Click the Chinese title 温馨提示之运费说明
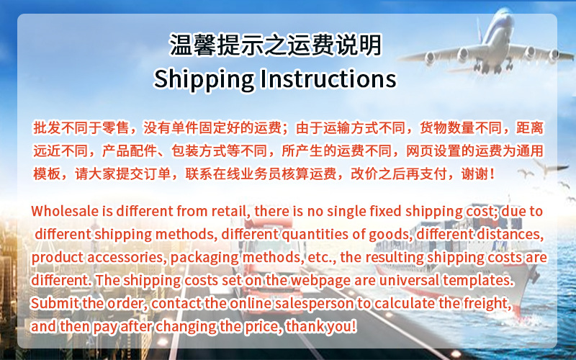pyautogui.click(x=275, y=45)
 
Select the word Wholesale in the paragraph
pyautogui.click(x=63, y=212)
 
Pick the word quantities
pyautogui.click(x=340, y=235)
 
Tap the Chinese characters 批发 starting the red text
pyautogui.click(x=45, y=128)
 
